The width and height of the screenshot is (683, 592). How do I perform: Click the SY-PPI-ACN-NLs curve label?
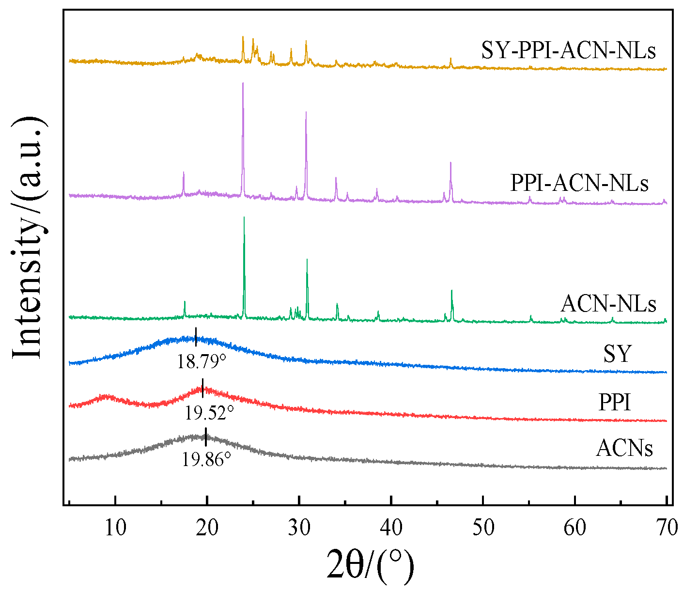coord(568,50)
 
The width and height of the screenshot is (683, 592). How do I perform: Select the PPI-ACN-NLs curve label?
coord(579,184)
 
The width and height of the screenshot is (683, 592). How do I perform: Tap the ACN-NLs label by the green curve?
coord(608,304)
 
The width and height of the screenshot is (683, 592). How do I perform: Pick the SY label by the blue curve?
coord(617,354)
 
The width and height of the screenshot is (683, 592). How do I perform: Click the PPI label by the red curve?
coord(615,402)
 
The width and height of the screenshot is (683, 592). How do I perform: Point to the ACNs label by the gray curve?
coord(624,448)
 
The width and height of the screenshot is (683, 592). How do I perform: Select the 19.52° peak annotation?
coord(209,413)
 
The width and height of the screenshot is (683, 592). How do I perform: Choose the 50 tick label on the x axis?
coord(483,528)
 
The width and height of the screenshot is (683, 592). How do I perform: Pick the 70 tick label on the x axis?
coord(667,528)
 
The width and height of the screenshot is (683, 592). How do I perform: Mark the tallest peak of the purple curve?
coord(243,84)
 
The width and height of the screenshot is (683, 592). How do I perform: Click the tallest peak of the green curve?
coord(244,218)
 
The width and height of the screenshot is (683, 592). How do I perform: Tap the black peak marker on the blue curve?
coord(196,337)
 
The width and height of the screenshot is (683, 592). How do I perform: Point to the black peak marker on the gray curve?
coord(206,437)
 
